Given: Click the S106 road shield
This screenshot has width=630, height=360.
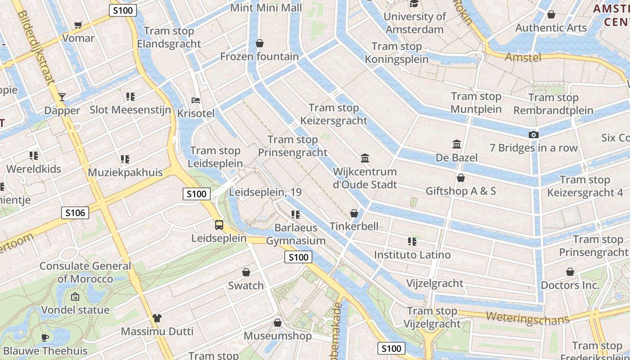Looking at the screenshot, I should tap(75, 213).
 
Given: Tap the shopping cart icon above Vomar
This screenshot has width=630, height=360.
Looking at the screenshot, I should tap(78, 25).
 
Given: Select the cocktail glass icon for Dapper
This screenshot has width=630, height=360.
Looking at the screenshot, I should tap(62, 97).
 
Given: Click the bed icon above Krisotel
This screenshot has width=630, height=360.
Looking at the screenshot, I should tap(196, 99).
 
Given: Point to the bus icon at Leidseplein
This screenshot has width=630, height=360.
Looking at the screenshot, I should tap(219, 225).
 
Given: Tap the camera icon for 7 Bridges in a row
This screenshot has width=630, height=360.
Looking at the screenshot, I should tap(533, 135).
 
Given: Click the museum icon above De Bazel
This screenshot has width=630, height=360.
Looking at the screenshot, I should tap(457, 144).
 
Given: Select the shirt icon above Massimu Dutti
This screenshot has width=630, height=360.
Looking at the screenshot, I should tap(157, 318).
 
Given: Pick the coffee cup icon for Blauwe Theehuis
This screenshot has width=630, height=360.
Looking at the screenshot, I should tap(45, 337).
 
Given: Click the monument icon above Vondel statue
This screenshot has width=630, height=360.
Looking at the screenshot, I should tap(75, 297).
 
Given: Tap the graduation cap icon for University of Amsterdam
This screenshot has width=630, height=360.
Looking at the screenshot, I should tap(414, 4).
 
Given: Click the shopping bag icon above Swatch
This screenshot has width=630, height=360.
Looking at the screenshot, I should tap(246, 272).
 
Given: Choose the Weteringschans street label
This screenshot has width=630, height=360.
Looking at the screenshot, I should tap(527, 318).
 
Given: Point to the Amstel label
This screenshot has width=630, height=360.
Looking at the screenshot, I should tap(522, 57).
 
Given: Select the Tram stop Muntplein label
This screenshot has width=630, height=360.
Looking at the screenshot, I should tap(476, 103).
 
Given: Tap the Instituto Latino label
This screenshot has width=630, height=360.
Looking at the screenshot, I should tap(412, 255).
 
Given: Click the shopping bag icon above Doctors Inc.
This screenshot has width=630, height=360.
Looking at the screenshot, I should tap(570, 272).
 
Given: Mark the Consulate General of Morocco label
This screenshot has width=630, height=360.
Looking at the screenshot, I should tap(85, 272).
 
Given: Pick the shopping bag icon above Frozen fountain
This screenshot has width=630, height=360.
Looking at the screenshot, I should tap(259, 43).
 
